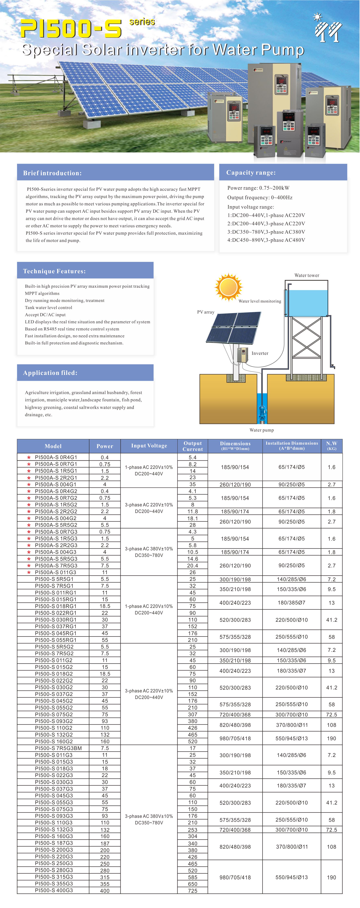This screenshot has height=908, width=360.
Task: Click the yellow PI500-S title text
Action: (x=71, y=29)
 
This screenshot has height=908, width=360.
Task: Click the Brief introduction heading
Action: (x=52, y=173)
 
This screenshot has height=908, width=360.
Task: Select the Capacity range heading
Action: (x=251, y=172)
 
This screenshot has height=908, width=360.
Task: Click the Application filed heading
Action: (x=50, y=373)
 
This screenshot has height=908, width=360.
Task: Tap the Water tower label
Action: (x=307, y=275)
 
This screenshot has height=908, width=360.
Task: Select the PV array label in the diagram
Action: (x=206, y=312)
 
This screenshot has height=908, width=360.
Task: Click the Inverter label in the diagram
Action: (x=260, y=353)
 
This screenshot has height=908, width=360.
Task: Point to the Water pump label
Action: (x=262, y=430)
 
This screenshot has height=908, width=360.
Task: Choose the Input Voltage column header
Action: (x=149, y=446)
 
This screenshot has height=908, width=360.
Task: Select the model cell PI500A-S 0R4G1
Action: (x=56, y=457)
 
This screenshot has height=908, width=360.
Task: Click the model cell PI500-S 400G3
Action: (x=54, y=890)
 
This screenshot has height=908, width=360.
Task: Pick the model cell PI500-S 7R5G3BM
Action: (x=58, y=748)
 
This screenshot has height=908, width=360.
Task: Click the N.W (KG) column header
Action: (x=332, y=446)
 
